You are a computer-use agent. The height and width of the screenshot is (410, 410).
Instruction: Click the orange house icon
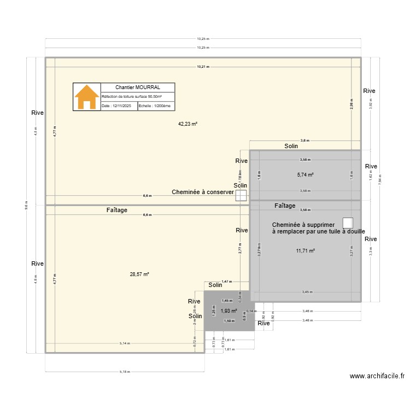[x=87, y=97]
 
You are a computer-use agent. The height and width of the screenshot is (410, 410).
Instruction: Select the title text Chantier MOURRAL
[x=138, y=87]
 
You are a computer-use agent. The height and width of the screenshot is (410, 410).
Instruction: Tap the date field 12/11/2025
[x=119, y=106]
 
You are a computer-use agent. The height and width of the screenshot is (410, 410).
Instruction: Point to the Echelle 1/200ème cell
[x=156, y=106]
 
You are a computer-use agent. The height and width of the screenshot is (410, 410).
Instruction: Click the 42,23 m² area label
[x=188, y=124]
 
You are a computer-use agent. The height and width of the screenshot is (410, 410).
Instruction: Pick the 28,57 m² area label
[x=140, y=274]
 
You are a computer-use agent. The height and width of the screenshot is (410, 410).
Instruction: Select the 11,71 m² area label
[x=305, y=251]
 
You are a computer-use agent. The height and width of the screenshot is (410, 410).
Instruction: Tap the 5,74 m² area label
[x=305, y=175]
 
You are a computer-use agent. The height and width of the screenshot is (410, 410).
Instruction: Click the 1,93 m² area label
[x=229, y=311]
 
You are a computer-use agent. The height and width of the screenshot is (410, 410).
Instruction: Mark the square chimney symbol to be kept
[x=241, y=195]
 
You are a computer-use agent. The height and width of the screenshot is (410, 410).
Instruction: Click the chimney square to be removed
[x=348, y=222]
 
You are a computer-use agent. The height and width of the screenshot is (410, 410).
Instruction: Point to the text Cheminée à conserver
[x=203, y=192]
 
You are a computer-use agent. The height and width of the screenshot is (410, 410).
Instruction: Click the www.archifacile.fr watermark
[x=377, y=376]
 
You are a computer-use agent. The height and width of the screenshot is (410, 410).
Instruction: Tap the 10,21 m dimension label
[x=203, y=67]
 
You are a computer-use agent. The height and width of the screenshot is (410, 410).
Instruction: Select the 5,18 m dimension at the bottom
[x=125, y=372]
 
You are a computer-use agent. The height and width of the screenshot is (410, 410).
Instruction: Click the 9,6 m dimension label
[x=27, y=205]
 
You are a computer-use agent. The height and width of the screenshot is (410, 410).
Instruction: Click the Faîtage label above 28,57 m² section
[x=118, y=210]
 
